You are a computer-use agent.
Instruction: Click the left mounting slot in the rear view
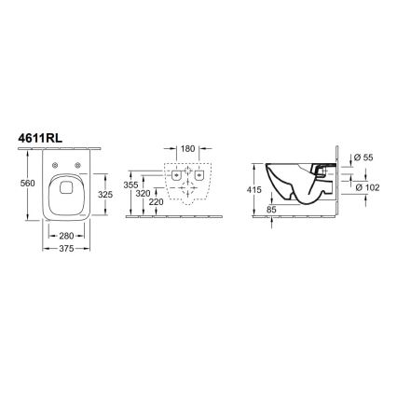177,175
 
